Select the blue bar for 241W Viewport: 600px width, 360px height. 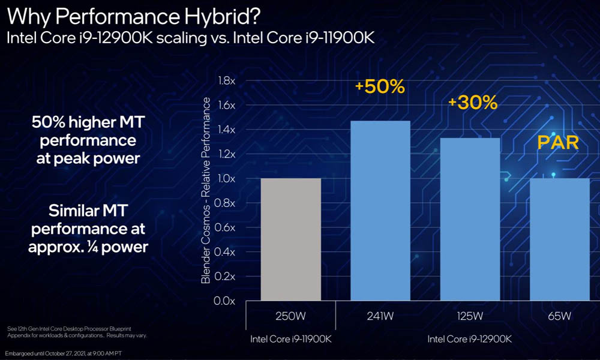click(x=380, y=210)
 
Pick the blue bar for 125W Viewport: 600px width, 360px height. click(x=470, y=219)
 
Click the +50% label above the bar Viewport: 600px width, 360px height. click(x=380, y=86)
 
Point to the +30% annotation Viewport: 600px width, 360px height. click(x=473, y=103)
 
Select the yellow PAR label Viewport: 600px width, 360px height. click(x=557, y=143)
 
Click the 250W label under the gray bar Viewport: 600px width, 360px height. click(x=290, y=316)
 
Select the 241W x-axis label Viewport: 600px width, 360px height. click(x=380, y=316)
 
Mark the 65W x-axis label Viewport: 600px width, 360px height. click(x=559, y=316)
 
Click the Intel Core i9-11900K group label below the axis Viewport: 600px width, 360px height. click(x=290, y=340)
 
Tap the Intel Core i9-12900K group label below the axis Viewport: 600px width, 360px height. click(x=469, y=340)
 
